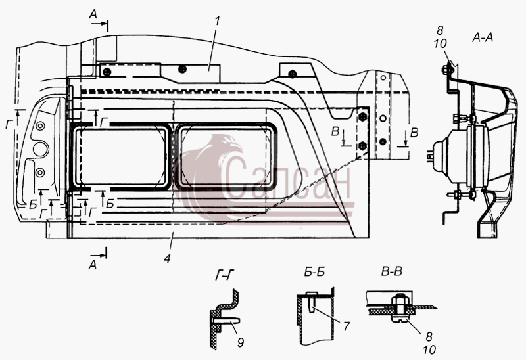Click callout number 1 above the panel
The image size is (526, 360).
pyautogui.click(x=217, y=21)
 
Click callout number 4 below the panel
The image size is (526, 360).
pyautogui.click(x=167, y=258)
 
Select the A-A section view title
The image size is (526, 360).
pyautogui.click(x=483, y=38)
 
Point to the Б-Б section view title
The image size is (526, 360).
pyautogui.click(x=314, y=272)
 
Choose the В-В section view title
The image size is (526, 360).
pyautogui.click(x=391, y=271)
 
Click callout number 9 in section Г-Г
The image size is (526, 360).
pyautogui.click(x=240, y=342)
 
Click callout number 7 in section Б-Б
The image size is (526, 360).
pyautogui.click(x=347, y=326)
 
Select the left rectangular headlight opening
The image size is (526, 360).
pyautogui.click(x=120, y=157)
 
